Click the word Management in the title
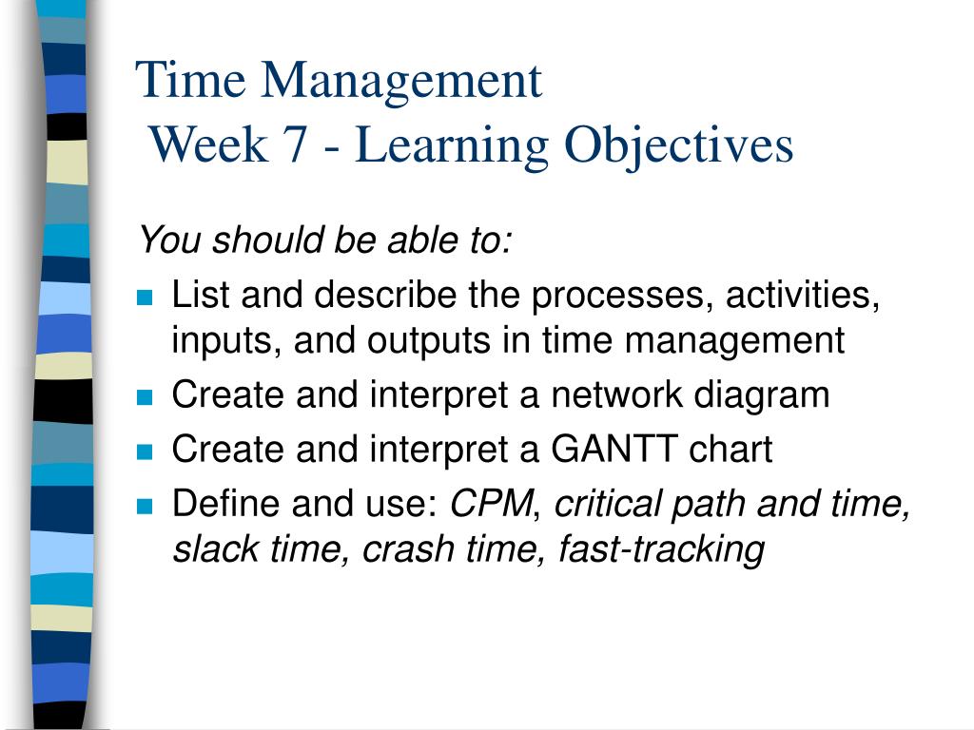(x=401, y=82)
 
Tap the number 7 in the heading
(x=295, y=144)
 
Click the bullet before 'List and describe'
(x=145, y=298)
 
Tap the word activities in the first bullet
(x=803, y=295)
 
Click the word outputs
(x=429, y=341)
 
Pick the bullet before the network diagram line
(x=145, y=397)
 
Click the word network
(x=616, y=394)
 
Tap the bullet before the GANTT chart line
(x=145, y=451)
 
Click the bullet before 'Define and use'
(x=145, y=506)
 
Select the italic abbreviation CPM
(x=492, y=503)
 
